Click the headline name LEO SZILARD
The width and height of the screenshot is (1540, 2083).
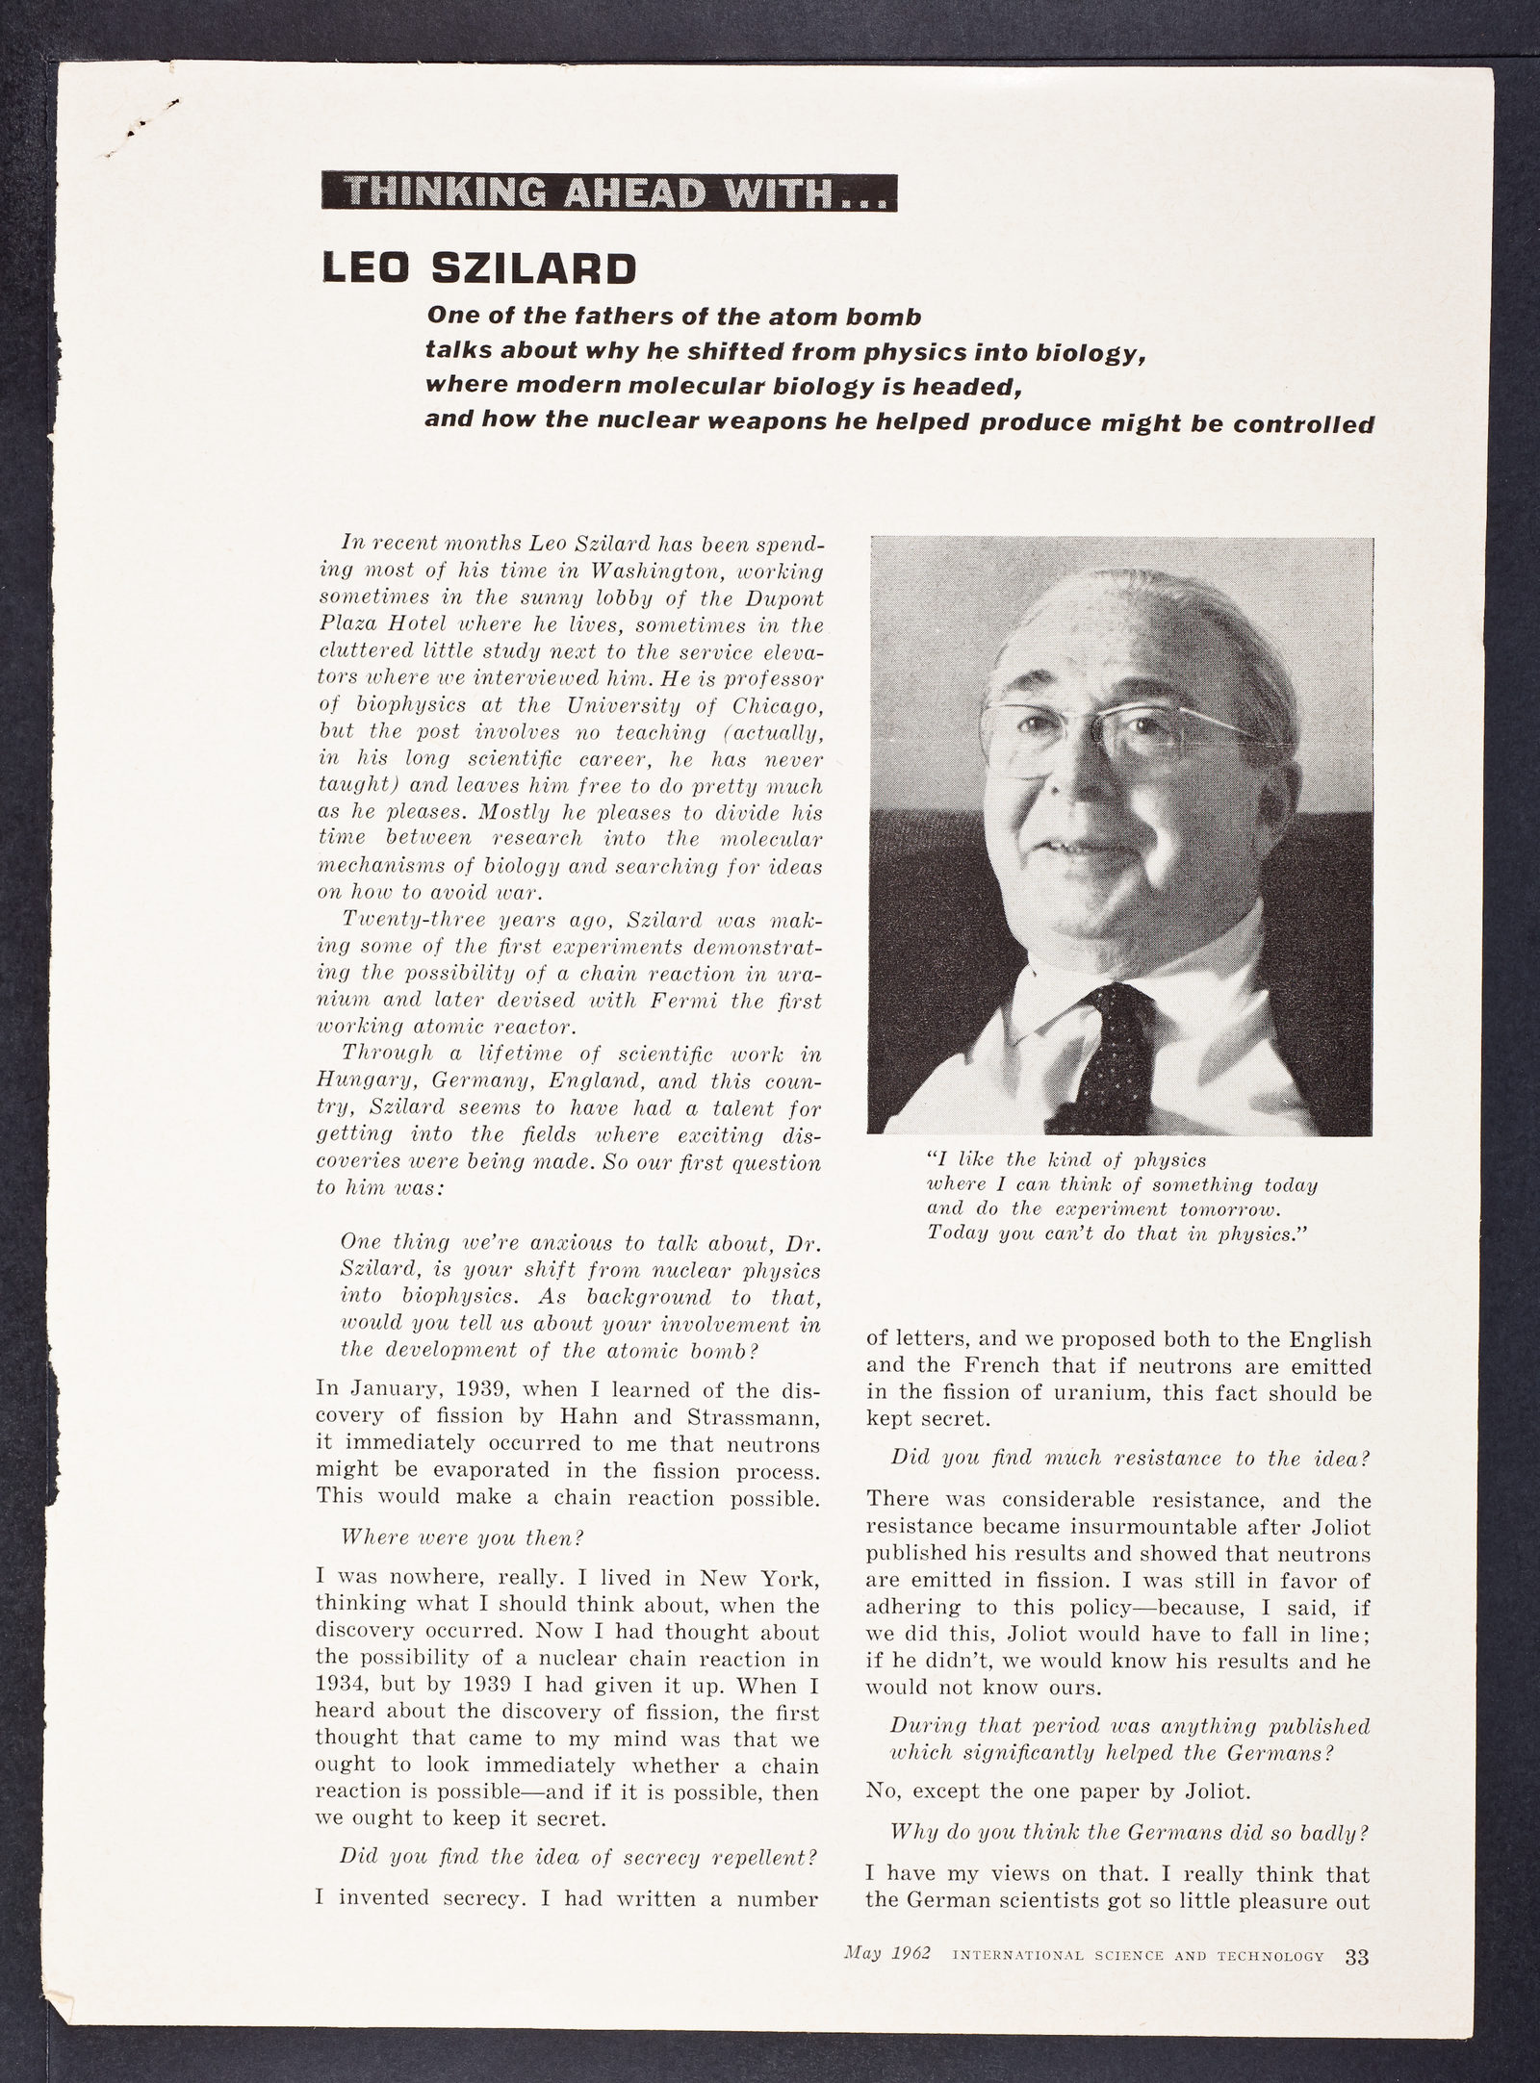(478, 268)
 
